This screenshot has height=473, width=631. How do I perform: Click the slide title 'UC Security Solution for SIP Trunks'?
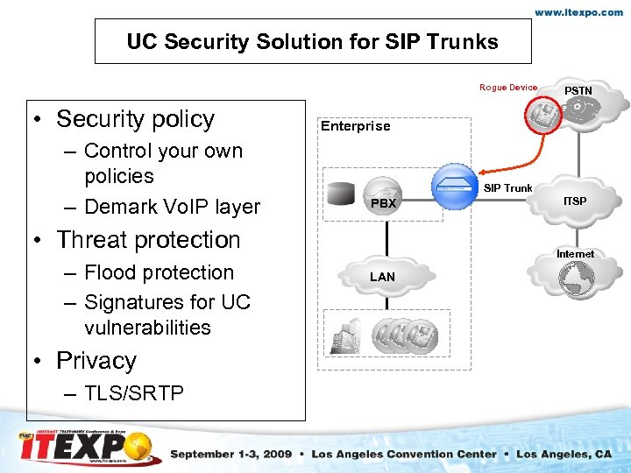312,41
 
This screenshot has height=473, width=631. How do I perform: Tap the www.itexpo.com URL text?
579,13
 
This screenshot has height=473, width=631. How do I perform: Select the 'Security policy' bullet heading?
135,119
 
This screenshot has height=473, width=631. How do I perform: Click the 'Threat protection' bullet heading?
148,240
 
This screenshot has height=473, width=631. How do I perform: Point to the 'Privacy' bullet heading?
96,361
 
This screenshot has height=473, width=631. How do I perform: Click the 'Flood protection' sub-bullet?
159,272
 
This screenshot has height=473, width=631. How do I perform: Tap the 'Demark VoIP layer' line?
172,207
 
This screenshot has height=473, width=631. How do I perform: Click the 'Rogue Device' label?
508,88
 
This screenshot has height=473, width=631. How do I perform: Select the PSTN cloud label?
578,91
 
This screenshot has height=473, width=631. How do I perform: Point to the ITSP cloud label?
576,201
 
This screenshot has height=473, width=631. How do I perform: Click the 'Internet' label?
575,254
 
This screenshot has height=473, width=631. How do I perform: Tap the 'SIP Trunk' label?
508,188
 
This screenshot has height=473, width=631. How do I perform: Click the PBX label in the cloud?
383,203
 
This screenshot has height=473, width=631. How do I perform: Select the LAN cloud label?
382,277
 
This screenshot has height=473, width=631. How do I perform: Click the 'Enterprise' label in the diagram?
355,126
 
